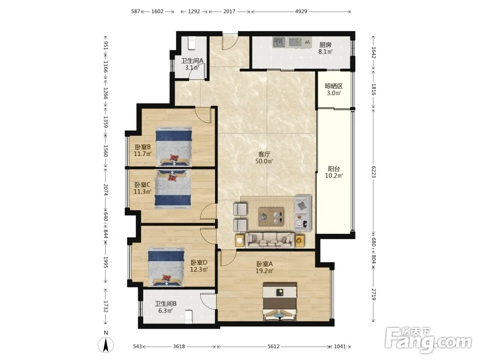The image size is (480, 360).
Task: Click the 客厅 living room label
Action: [x=264, y=154]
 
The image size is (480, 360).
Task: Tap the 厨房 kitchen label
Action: [x=325, y=45]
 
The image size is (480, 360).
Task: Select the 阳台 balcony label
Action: [x=334, y=168]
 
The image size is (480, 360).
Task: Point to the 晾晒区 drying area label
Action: [x=334, y=86]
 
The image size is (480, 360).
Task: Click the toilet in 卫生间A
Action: [x=192, y=43]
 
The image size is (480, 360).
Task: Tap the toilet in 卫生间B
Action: [x=189, y=316]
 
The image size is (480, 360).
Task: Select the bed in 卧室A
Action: [x=280, y=301]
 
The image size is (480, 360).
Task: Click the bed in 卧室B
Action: [x=174, y=146]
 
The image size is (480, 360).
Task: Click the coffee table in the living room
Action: [x=271, y=216]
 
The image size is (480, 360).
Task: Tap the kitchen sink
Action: [x=279, y=42]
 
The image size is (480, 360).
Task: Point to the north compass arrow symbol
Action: [x=106, y=345]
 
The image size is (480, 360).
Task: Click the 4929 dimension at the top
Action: [x=301, y=12]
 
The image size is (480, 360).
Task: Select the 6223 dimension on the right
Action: [x=373, y=172]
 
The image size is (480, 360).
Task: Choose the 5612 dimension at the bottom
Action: [x=274, y=346]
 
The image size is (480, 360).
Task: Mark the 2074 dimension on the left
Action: [x=106, y=190]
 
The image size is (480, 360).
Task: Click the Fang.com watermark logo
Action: [x=428, y=339]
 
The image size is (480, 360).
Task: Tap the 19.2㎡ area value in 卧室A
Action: [x=264, y=271]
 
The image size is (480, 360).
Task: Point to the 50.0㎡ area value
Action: [x=264, y=161]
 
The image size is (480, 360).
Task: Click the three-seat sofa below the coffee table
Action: [x=270, y=240]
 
